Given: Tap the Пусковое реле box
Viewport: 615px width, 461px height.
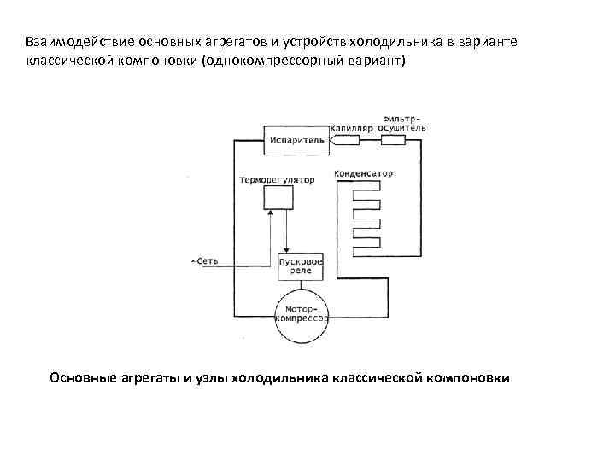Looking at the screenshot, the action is point(301,265).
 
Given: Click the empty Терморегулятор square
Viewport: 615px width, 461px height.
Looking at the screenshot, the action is point(278,198).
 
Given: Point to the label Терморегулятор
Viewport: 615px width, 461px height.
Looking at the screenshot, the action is point(277,180).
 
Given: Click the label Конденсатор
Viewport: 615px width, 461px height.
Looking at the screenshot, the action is point(365,173).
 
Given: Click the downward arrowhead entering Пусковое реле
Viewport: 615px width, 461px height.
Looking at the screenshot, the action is point(287,248).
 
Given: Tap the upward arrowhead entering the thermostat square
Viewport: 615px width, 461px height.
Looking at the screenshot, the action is point(271,215).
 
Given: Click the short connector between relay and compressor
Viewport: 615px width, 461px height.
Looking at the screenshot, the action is point(302,283).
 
